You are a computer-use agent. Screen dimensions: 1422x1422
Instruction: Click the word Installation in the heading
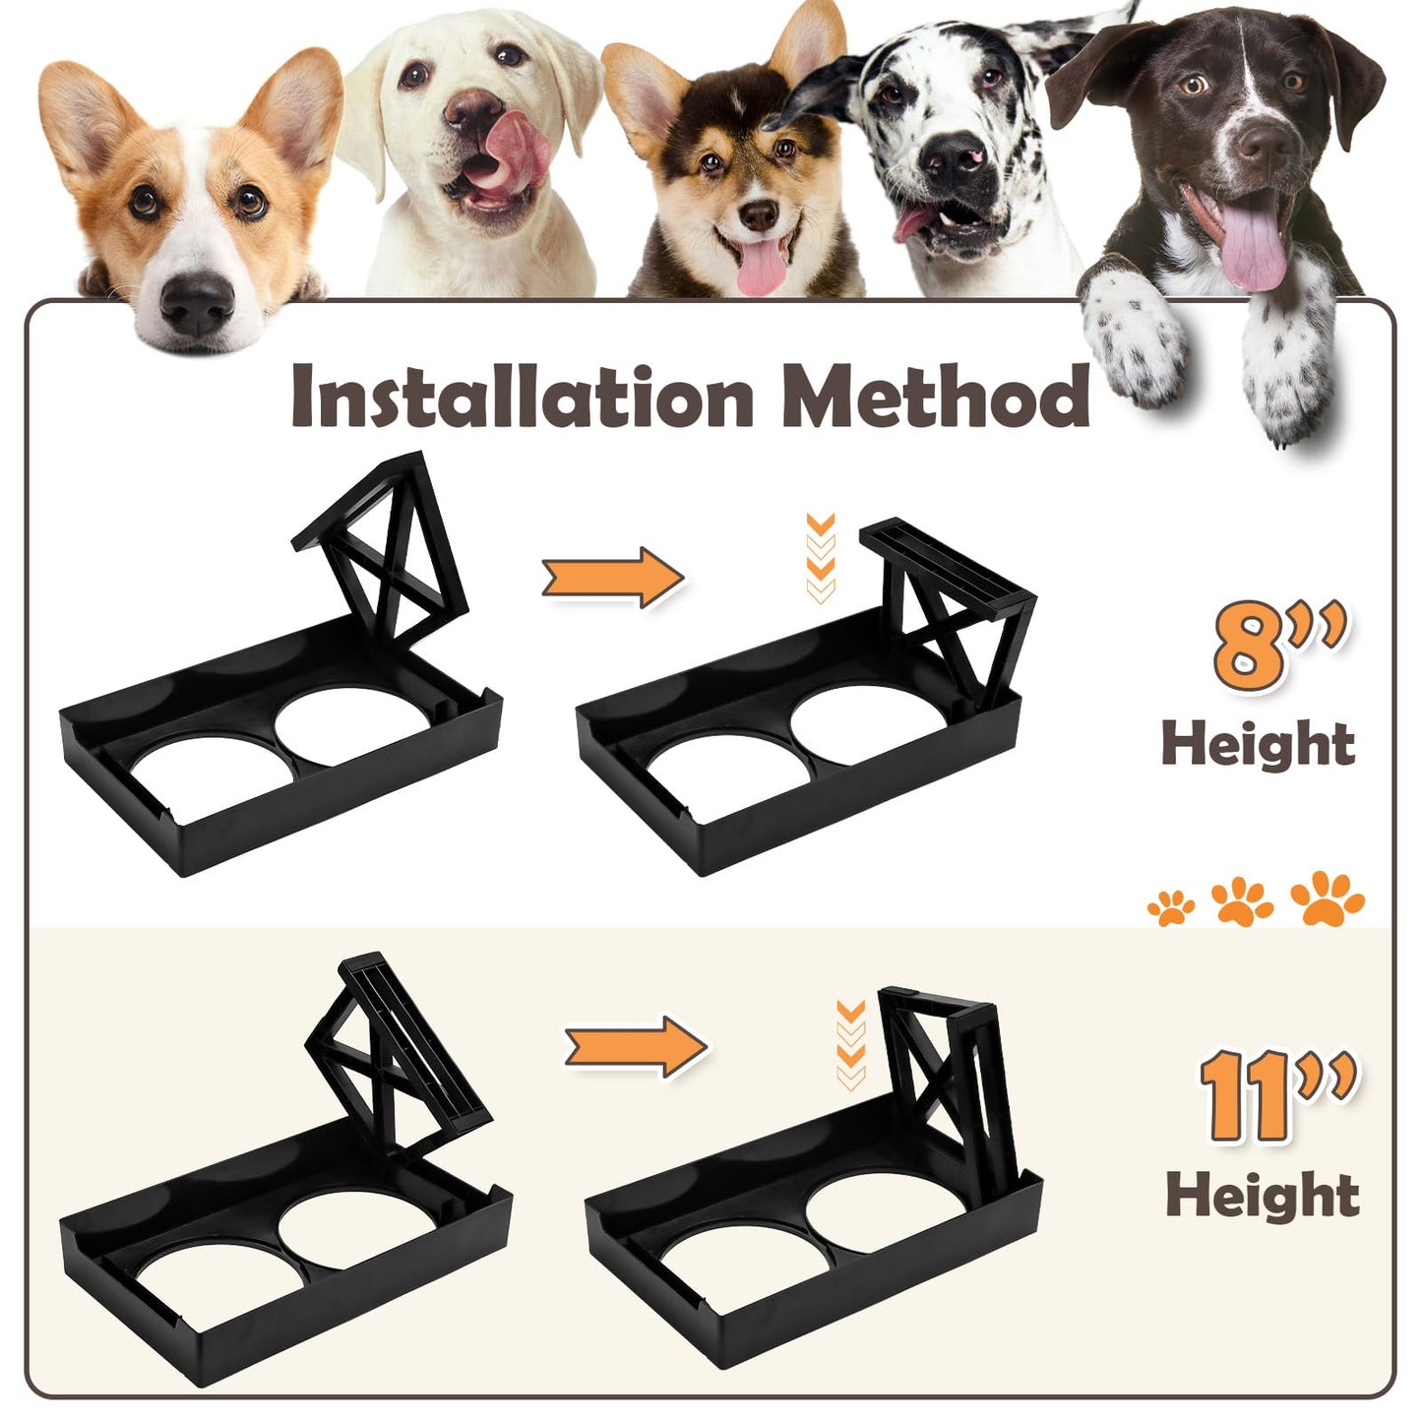523,397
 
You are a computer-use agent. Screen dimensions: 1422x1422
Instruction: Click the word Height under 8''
1259,745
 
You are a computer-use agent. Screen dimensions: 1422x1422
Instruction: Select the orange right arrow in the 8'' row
613,577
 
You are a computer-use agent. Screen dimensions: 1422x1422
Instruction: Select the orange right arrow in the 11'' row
636,1046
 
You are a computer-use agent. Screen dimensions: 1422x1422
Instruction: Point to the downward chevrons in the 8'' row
822,558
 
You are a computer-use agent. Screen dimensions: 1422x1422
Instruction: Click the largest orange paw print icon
1327,897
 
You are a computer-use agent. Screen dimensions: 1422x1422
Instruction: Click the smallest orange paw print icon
1171,907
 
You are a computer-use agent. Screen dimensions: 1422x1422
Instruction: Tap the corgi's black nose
197,303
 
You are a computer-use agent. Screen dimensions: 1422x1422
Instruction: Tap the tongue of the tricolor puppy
762,266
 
